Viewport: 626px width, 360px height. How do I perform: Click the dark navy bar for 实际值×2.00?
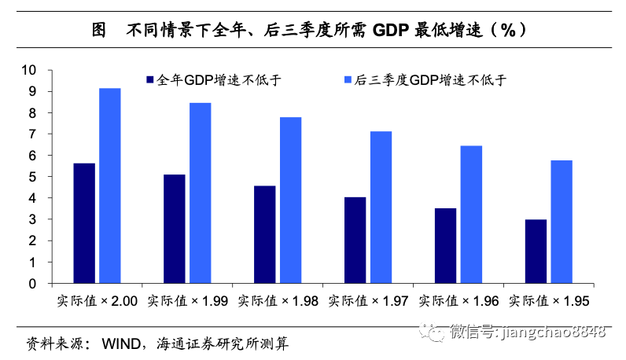[84, 223]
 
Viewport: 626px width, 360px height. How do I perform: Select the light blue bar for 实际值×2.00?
[110, 186]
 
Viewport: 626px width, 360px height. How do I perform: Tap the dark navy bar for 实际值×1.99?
[175, 229]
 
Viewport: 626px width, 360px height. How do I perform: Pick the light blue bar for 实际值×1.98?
[291, 200]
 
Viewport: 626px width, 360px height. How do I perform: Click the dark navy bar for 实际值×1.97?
[355, 240]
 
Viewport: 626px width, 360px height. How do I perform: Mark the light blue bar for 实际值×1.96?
[471, 214]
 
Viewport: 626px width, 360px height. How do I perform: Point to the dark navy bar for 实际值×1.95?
[536, 251]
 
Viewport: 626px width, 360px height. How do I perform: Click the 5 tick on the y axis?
[33, 177]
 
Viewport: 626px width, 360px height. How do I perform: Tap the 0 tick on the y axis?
[33, 283]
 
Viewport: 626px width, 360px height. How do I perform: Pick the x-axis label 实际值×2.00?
[98, 300]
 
